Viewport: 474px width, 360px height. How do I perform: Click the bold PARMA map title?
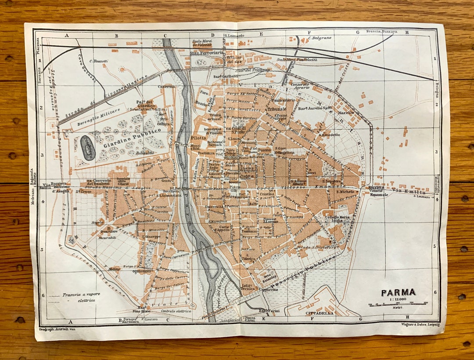coord(398,292)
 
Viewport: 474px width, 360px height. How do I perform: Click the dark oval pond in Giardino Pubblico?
coord(88,147)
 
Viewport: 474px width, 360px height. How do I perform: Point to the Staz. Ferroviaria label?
coord(207,53)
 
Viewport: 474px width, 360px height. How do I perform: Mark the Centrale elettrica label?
coord(176,311)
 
